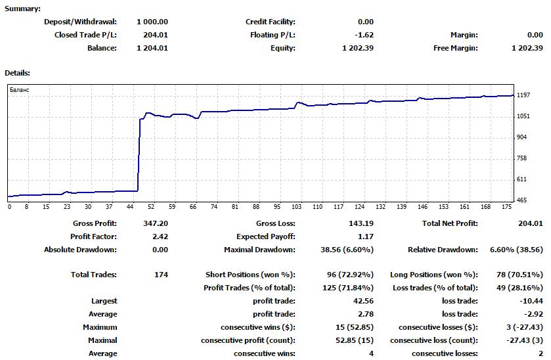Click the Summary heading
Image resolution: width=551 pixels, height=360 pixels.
click(x=22, y=9)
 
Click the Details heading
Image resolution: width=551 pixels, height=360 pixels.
click(x=18, y=73)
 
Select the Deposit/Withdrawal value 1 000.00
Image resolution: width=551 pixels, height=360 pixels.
click(x=152, y=22)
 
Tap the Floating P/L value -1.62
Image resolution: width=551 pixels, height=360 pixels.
click(x=363, y=35)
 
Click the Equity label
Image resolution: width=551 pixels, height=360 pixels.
click(x=282, y=48)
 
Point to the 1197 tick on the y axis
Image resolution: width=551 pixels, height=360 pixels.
click(x=523, y=95)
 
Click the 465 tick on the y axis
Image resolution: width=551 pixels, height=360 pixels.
click(x=522, y=200)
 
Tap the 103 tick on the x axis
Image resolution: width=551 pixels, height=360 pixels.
click(x=297, y=206)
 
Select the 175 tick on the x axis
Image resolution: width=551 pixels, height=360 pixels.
click(x=506, y=206)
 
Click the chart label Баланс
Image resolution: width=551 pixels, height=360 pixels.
click(x=20, y=89)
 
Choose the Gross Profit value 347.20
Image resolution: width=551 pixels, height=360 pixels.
click(x=156, y=223)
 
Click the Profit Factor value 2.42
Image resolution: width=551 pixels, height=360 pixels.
click(x=160, y=236)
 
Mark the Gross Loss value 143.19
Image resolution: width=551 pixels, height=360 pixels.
click(x=361, y=223)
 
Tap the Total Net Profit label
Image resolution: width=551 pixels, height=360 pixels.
click(x=450, y=223)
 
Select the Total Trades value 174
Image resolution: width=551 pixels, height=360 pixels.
click(x=160, y=275)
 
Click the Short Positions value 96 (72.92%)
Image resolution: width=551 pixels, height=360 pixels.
click(x=347, y=275)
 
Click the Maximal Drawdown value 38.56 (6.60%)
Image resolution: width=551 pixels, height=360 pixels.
click(x=345, y=250)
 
